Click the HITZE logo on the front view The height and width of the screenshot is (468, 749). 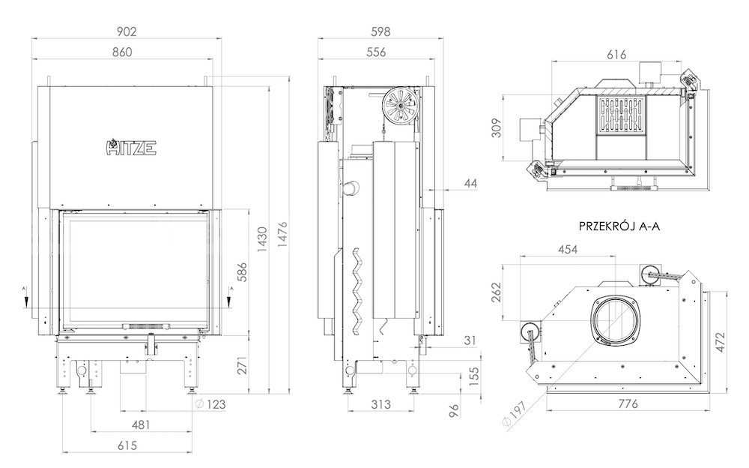tap(131, 147)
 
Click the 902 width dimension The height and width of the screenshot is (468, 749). tap(127, 31)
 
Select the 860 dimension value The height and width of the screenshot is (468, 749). tap(122, 52)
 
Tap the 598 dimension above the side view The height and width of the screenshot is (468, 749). tap(380, 31)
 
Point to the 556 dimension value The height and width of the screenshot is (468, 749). tap(376, 52)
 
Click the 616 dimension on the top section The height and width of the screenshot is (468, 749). tap(616, 55)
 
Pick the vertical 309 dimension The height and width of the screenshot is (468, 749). tap(497, 127)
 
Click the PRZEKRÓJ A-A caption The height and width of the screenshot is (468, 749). tap(619, 226)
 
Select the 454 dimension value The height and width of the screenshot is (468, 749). tap(568, 249)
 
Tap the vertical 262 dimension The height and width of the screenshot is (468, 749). tap(497, 292)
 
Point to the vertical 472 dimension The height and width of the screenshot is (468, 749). tap(720, 342)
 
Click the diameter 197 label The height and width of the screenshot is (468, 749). tap(514, 413)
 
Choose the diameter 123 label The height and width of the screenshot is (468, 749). tap(210, 404)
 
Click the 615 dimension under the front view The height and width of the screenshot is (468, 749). tap(127, 445)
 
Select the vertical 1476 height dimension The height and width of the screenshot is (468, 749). tap(282, 234)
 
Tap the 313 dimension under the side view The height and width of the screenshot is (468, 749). tap(380, 404)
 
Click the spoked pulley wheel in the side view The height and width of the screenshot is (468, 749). tap(399, 105)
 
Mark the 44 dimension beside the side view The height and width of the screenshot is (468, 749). tap(470, 183)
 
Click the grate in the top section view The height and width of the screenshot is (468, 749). tap(620, 115)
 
